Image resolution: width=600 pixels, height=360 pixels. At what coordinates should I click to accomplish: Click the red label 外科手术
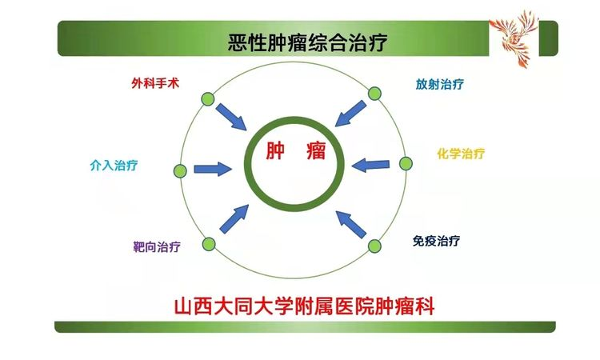click(x=155, y=83)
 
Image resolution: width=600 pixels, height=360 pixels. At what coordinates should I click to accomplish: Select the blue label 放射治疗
click(x=440, y=84)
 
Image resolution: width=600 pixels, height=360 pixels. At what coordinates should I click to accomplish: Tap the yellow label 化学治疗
click(x=461, y=154)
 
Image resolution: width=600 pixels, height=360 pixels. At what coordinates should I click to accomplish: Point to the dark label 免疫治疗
click(x=436, y=241)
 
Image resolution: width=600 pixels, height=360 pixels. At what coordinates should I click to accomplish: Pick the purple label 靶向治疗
click(x=157, y=246)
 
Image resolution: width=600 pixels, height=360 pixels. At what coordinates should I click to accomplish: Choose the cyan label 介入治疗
click(x=114, y=166)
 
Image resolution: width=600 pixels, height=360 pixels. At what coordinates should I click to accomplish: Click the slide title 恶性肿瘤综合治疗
click(x=308, y=42)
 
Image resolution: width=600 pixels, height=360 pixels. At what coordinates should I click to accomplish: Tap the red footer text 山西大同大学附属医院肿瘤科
click(x=304, y=306)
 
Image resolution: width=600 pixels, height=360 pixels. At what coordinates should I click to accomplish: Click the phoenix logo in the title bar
click(x=514, y=38)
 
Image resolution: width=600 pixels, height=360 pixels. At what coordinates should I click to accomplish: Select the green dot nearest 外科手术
click(x=208, y=99)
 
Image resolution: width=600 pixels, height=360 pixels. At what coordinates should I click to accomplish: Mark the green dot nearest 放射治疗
click(x=374, y=94)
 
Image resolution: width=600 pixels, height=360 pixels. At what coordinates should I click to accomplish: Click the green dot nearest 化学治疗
click(x=406, y=163)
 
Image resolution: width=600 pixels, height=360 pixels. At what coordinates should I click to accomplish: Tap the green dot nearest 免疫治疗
click(x=374, y=246)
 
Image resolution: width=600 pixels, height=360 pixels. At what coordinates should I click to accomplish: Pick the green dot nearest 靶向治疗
click(x=209, y=244)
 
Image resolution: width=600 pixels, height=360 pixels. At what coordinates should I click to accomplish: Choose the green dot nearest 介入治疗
click(x=180, y=171)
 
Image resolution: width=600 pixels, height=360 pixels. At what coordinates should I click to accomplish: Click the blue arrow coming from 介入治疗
click(x=213, y=169)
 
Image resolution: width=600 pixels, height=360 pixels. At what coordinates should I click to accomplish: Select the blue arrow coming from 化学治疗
click(x=370, y=166)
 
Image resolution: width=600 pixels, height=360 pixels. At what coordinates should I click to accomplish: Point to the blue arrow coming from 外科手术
click(x=231, y=117)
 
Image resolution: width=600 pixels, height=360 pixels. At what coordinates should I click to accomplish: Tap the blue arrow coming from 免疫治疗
click(x=350, y=224)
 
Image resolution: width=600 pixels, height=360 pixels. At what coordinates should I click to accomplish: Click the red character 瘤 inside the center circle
click(x=316, y=150)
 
